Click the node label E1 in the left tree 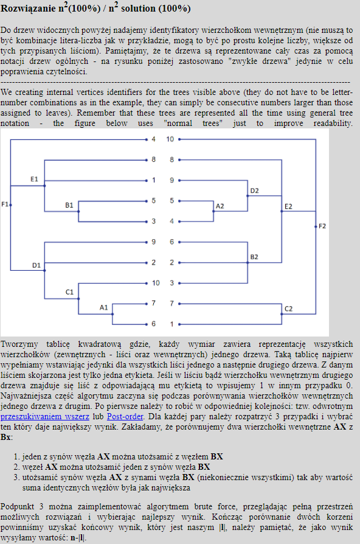[34, 179]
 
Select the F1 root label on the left [4, 204]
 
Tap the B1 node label [69, 205]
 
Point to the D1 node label [36, 265]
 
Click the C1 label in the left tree [69, 292]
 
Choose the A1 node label [104, 307]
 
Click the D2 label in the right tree [255, 190]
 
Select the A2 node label [220, 206]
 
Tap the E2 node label [288, 206]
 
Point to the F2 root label [322, 226]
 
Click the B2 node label [254, 257]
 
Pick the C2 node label [289, 309]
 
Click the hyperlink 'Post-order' [125, 416]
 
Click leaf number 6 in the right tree [171, 242]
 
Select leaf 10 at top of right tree [170, 139]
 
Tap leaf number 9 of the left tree [154, 242]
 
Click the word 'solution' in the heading [138, 9]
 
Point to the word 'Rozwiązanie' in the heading [29, 9]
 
